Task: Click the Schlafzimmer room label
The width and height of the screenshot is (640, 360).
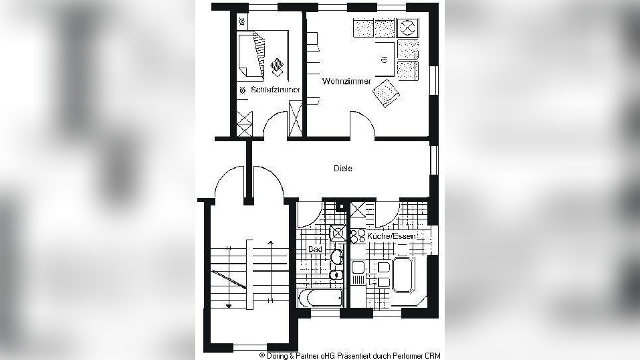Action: (276, 90)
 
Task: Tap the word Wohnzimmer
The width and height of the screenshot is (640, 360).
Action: (346, 82)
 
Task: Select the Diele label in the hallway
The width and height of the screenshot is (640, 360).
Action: (343, 169)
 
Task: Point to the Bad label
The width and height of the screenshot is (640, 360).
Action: (315, 250)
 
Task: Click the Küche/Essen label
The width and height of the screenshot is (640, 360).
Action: (391, 236)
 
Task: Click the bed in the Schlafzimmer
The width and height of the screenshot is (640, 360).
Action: (251, 55)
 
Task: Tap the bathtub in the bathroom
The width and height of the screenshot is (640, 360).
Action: (321, 298)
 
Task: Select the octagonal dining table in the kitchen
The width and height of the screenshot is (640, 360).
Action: (403, 274)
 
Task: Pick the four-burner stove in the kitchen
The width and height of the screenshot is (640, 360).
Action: (358, 236)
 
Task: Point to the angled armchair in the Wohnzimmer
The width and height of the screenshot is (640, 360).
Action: (386, 93)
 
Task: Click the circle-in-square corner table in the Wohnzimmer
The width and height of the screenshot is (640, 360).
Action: (407, 28)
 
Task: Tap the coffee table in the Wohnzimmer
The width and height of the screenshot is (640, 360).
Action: (385, 59)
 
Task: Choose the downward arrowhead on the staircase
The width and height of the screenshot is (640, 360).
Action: (229, 305)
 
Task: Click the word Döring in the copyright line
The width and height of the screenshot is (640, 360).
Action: (277, 356)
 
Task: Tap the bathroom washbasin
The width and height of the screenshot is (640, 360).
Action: (337, 257)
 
